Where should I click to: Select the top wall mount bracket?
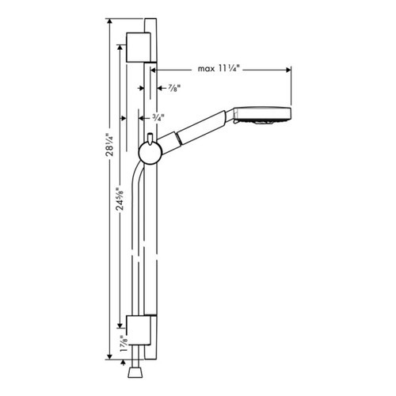(139, 48)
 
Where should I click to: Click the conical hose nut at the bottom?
(133, 371)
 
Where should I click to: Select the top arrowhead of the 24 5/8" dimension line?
(119, 48)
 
